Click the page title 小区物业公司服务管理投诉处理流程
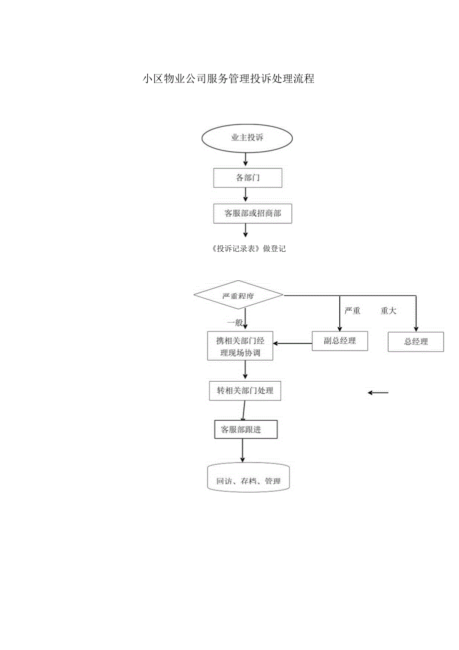pyautogui.click(x=229, y=79)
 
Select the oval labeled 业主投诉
pyautogui.click(x=247, y=137)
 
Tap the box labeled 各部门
pyautogui.click(x=247, y=178)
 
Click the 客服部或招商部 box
pyautogui.click(x=252, y=213)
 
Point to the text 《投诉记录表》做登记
pyautogui.click(x=248, y=249)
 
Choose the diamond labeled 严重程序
pyautogui.click(x=238, y=295)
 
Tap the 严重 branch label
pyautogui.click(x=352, y=311)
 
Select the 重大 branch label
pyautogui.click(x=388, y=311)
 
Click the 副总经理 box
pyautogui.click(x=340, y=341)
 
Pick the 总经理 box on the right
pyautogui.click(x=416, y=342)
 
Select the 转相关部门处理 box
pyautogui.click(x=245, y=391)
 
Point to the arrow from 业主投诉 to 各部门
pyautogui.click(x=245, y=159)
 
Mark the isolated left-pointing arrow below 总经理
pyautogui.click(x=378, y=393)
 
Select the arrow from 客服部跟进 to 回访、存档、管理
pyautogui.click(x=242, y=451)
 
